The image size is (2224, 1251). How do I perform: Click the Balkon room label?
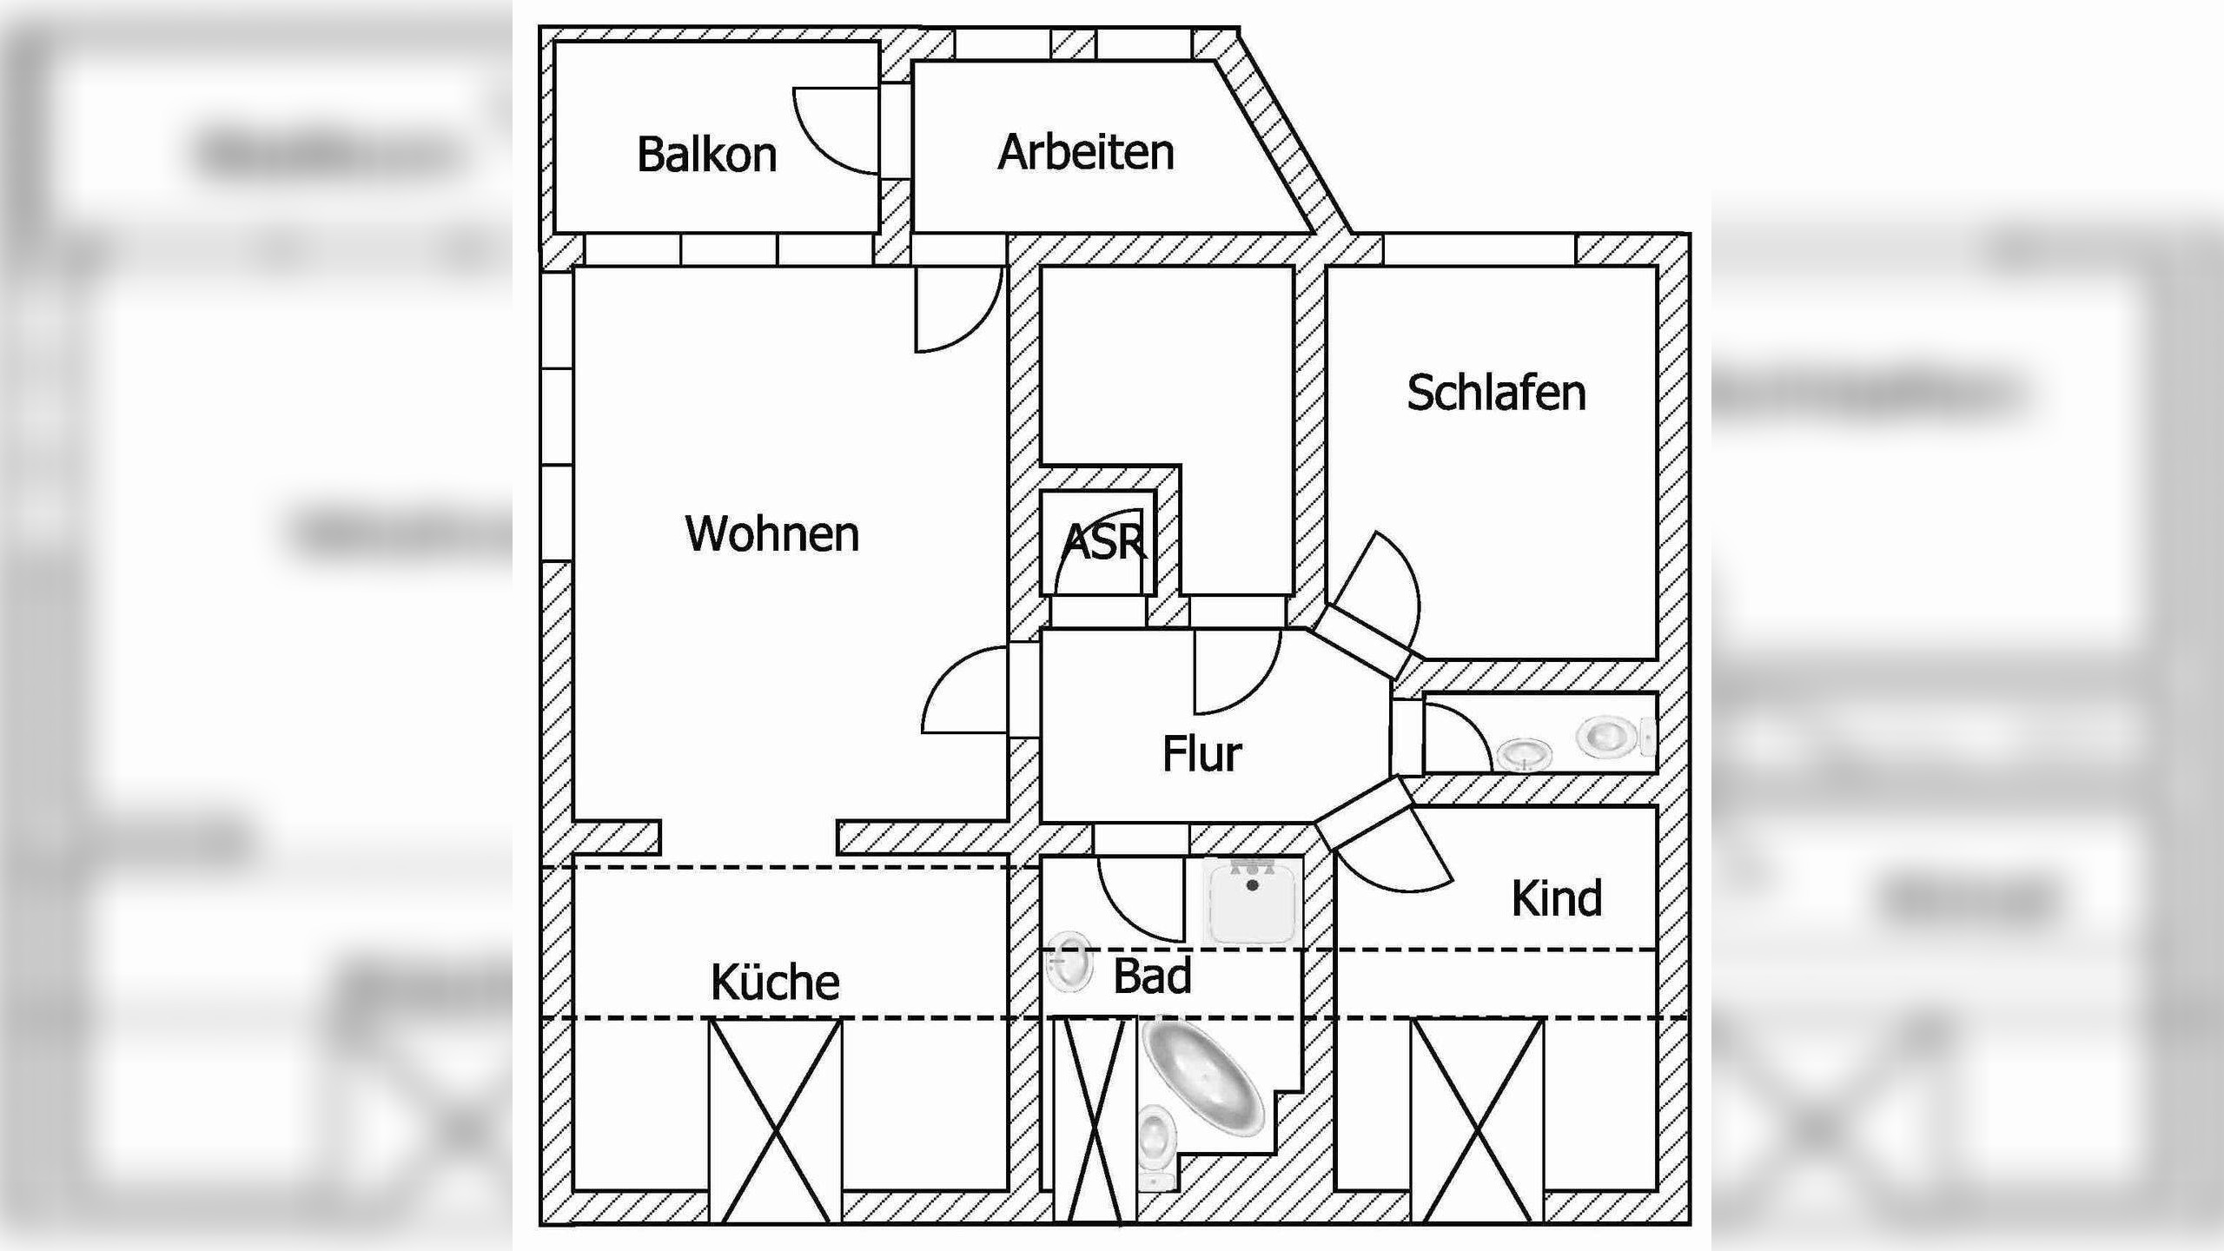706,156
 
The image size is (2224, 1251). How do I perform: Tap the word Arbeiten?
1086,153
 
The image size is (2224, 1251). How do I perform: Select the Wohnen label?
771,533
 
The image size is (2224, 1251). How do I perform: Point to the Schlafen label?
1496,393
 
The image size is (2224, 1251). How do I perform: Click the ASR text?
1103,542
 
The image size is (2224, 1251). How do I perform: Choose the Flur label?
1201,754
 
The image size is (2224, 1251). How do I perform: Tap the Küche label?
775,983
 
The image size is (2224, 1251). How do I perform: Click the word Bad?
1152,976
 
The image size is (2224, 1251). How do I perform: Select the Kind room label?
1556,898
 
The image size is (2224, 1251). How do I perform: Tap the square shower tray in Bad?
1252,902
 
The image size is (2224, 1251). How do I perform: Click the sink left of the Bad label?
1069,961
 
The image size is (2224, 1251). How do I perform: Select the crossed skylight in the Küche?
775,1121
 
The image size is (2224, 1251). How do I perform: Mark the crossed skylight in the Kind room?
1477,1121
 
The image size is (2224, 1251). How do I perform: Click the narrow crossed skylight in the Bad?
1095,1121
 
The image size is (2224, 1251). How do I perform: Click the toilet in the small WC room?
1609,736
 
